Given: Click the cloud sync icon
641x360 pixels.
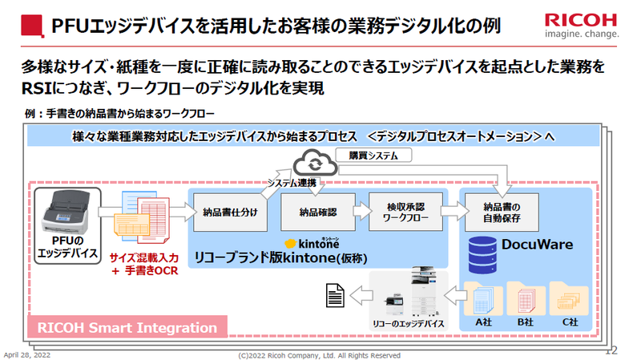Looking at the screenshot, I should click(308, 163).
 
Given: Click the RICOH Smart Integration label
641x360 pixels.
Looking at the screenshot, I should click(127, 327).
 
